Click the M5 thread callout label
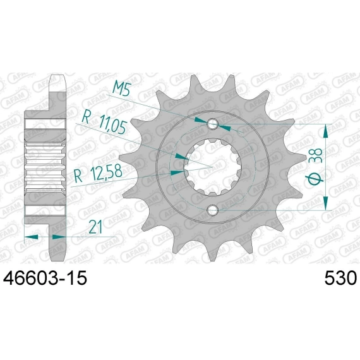pos(122,89)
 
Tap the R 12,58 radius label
pos(98,173)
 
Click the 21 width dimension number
pos(95,227)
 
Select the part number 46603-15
pos(45,278)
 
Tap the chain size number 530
pos(340,278)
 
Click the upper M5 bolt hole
pos(212,124)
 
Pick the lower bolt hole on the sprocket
pos(212,210)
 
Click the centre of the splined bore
pos(212,167)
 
